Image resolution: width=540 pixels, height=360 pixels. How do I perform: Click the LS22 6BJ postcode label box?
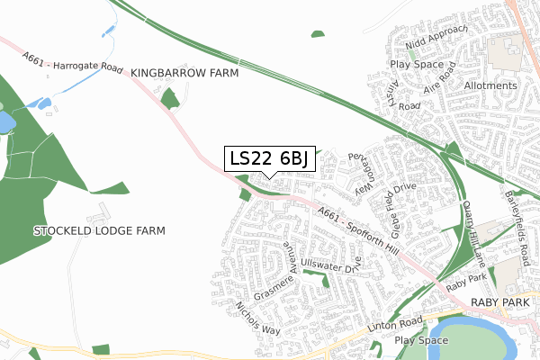coord(269,158)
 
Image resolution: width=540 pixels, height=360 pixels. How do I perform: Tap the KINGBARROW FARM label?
coord(184,72)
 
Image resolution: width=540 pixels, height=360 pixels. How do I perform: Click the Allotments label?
coord(490,86)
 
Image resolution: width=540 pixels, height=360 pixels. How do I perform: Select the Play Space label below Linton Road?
coord(421,340)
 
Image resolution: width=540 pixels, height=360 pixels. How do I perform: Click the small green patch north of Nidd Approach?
coord(317,34)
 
